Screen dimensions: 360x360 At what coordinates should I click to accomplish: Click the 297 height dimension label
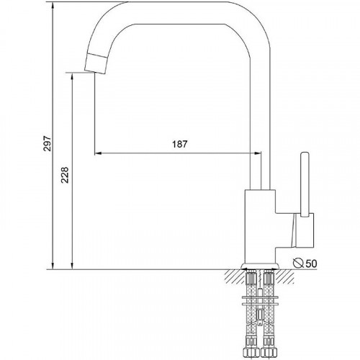(48, 143)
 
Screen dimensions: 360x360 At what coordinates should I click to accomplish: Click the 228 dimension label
(65, 175)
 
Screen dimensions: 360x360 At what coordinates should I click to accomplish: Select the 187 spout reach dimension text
(180, 144)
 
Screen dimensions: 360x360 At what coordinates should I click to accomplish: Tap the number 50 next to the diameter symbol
(312, 264)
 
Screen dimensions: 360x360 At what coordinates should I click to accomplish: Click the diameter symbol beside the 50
(298, 263)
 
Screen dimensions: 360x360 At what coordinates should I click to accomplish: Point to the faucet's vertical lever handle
(305, 184)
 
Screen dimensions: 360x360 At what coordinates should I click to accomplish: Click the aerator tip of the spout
(96, 63)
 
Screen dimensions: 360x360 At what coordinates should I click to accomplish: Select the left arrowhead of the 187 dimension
(99, 153)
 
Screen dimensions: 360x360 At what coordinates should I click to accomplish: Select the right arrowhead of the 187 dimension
(257, 153)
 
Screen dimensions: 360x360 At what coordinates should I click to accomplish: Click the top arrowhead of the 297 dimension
(53, 5)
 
